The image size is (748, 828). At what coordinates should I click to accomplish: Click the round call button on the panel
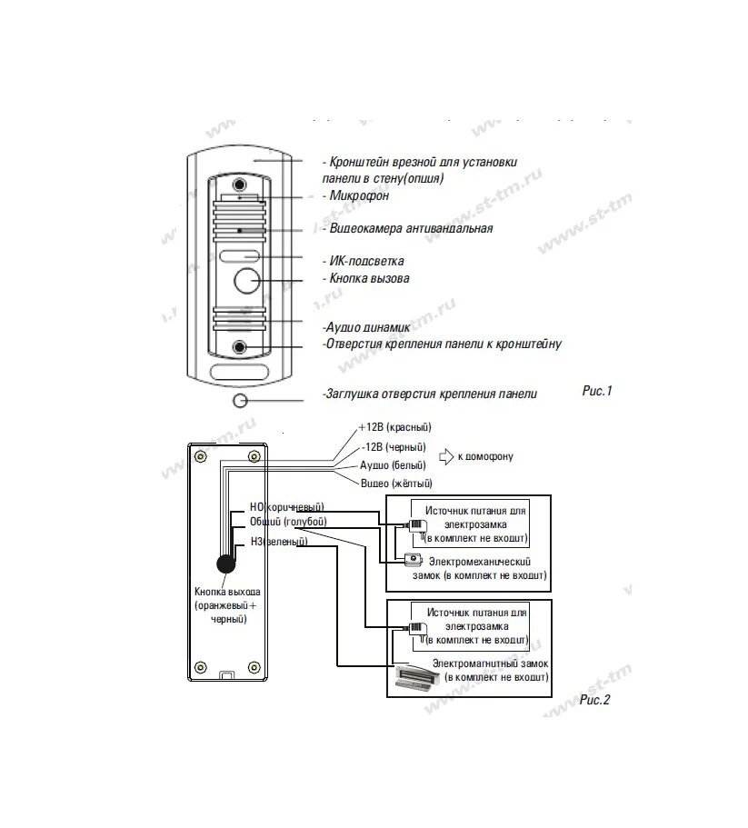pos(245,281)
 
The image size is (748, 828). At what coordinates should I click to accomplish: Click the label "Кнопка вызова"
pos(369,278)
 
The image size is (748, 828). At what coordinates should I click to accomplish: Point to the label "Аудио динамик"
pos(366,326)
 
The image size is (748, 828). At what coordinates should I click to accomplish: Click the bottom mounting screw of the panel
pos(240,348)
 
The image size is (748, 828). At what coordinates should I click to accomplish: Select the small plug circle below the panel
pos(240,401)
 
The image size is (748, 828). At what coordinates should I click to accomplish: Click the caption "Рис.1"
pos(597,391)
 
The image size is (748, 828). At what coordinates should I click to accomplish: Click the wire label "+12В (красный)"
pos(394,427)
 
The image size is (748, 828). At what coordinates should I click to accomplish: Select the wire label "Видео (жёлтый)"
pos(395,483)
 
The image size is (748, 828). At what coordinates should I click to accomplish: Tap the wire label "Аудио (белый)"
pos(393,464)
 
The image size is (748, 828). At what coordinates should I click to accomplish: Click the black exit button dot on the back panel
pos(225,564)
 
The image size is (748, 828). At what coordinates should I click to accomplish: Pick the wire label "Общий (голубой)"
pos(288,522)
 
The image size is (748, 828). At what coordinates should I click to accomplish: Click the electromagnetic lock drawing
pos(415,675)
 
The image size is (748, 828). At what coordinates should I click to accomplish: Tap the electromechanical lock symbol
pos(414,558)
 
